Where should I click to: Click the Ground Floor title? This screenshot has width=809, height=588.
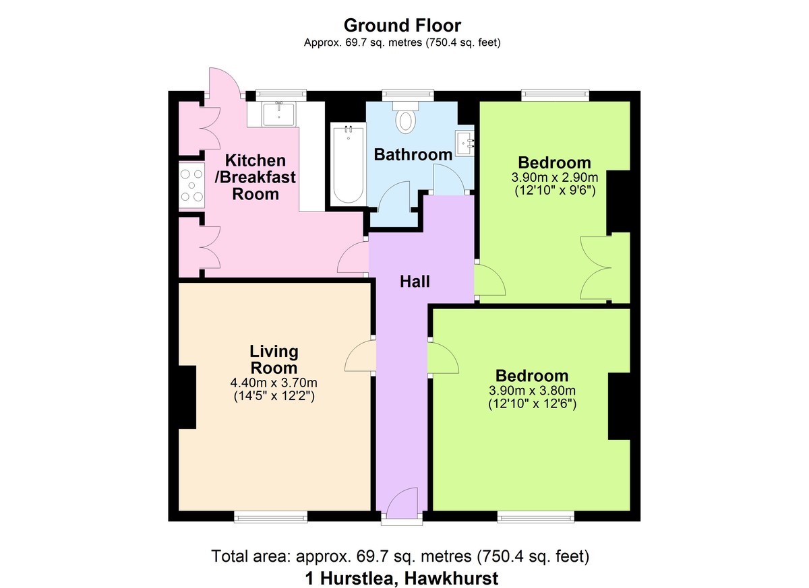coord(402,26)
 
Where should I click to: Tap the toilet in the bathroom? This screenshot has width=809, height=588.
coord(406,118)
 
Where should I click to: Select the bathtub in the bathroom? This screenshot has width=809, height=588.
coord(347,164)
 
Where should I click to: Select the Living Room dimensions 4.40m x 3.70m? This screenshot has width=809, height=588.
coord(274,383)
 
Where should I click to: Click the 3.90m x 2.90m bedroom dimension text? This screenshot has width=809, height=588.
coord(554,178)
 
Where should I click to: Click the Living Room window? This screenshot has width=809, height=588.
coord(270,517)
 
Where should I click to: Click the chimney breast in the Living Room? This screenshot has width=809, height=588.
coord(187,397)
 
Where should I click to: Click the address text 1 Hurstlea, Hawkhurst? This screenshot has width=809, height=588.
coord(402,578)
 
